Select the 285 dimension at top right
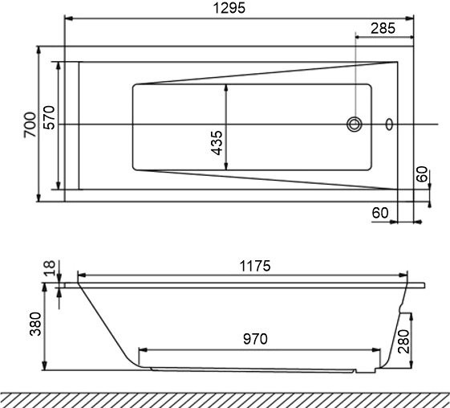tap(384, 28)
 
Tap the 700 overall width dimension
tap(29, 124)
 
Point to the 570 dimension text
tap(48, 124)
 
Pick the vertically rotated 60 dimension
tap(422, 175)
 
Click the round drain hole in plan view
tap(355, 124)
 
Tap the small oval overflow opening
tap(389, 124)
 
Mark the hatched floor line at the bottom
tap(225, 398)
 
